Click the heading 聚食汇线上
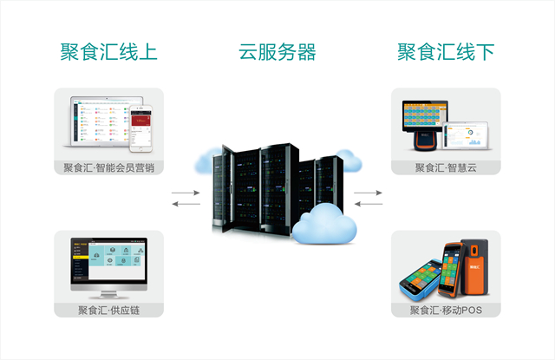[x=109, y=51]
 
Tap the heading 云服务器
[x=277, y=51]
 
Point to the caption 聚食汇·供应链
[x=109, y=310]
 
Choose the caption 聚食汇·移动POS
[x=446, y=310]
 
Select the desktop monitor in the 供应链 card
[x=108, y=265]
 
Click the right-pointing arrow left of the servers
[x=184, y=192]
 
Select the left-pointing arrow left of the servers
[x=184, y=204]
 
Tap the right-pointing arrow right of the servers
[x=369, y=192]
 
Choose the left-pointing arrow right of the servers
[x=369, y=204]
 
